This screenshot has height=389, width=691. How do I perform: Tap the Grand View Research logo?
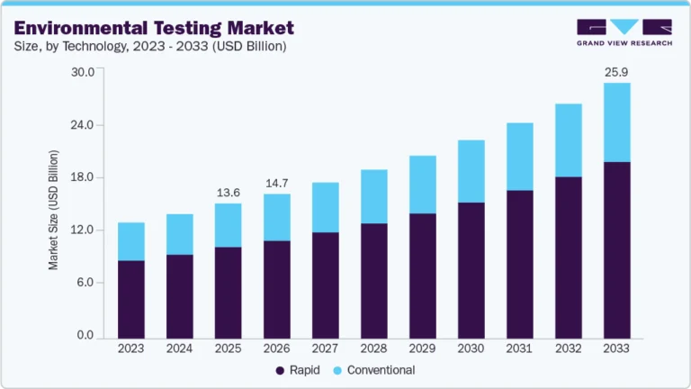(x=624, y=32)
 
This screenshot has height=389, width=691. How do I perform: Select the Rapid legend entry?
(x=293, y=370)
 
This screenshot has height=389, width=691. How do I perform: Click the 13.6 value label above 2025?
(x=228, y=192)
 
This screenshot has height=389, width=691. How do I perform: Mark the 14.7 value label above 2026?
(x=276, y=183)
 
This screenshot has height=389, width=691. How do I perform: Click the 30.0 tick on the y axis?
(x=83, y=72)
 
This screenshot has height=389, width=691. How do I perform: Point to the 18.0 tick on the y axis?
(x=83, y=177)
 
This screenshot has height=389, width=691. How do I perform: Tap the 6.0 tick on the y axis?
(x=85, y=283)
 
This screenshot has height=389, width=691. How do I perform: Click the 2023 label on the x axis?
(x=131, y=348)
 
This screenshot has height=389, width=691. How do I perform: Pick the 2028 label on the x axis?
(x=373, y=348)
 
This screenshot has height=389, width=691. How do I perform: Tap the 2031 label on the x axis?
(x=519, y=348)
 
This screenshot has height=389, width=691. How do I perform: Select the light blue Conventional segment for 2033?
(x=616, y=122)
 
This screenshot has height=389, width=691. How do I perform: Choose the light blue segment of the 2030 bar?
(x=471, y=171)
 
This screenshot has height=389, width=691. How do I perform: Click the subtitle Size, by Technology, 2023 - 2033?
(x=149, y=47)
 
